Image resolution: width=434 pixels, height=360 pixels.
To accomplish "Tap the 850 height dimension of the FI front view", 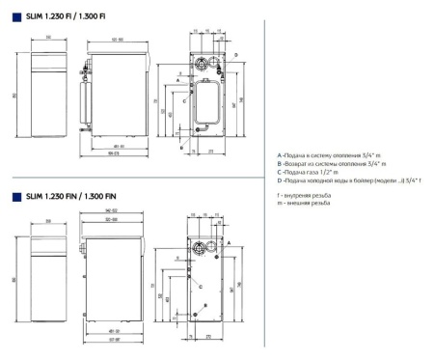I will coord(15,95).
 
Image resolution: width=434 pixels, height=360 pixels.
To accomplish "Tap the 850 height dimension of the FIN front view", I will coord(15,280).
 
